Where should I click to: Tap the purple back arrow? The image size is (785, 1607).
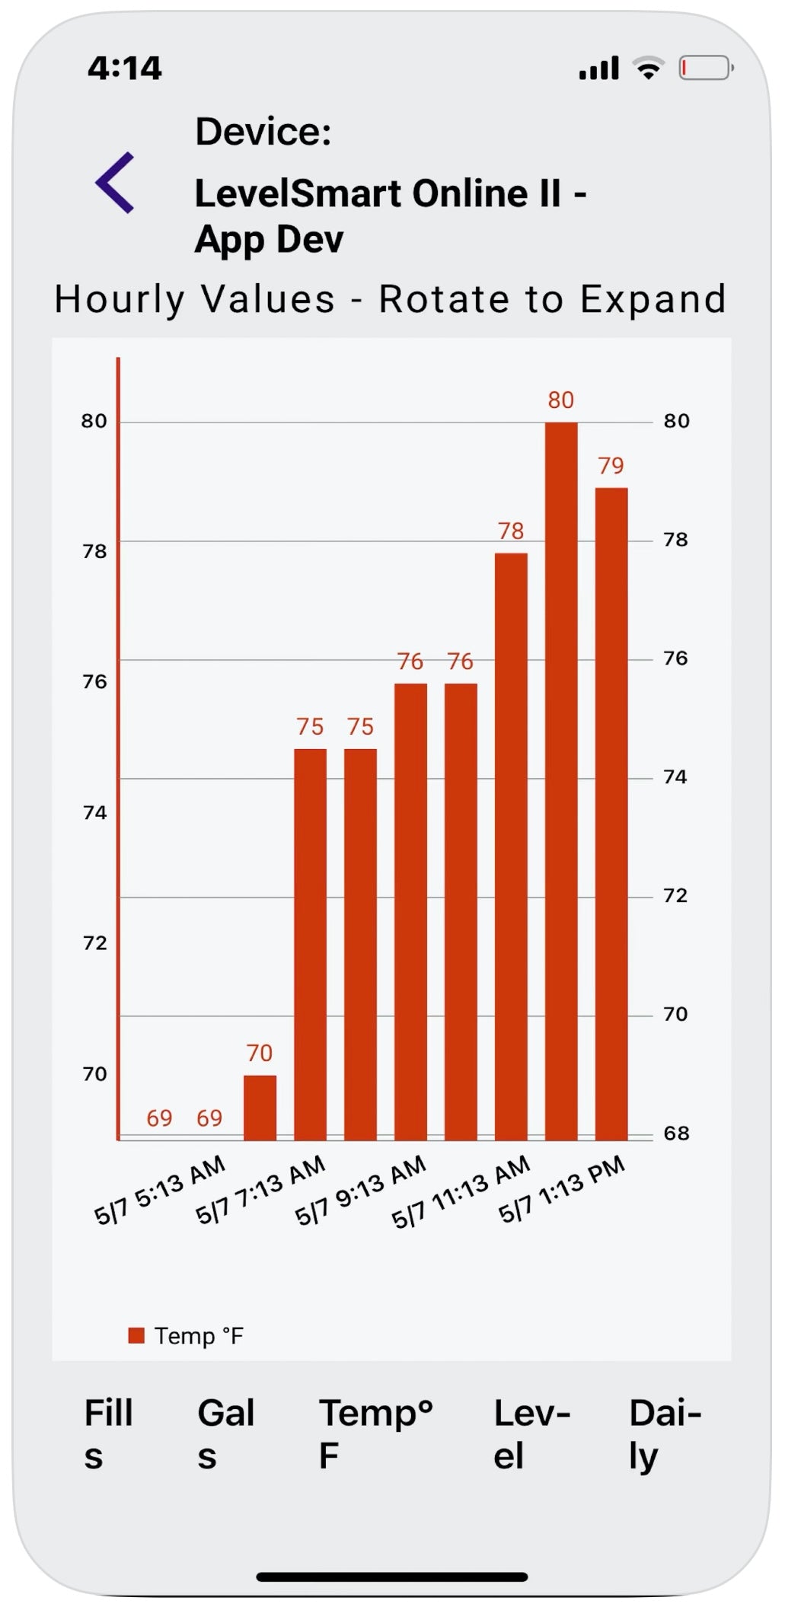pyautogui.click(x=115, y=183)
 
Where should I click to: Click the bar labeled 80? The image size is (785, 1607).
pyautogui.click(x=561, y=780)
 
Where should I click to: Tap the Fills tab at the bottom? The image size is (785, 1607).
pyautogui.click(x=108, y=1434)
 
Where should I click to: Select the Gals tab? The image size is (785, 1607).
pyautogui.click(x=225, y=1434)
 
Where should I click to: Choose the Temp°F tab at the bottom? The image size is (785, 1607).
pyautogui.click(x=375, y=1434)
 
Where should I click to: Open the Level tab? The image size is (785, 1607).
pyautogui.click(x=531, y=1434)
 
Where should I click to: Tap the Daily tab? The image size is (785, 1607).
pyautogui.click(x=665, y=1434)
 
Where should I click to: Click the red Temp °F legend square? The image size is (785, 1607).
pyautogui.click(x=136, y=1335)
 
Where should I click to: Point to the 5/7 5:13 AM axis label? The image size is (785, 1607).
pyautogui.click(x=160, y=1189)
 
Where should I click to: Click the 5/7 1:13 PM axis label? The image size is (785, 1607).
pyautogui.click(x=562, y=1189)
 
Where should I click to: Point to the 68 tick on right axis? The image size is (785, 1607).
pyautogui.click(x=676, y=1134)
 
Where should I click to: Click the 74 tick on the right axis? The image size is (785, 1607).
pyautogui.click(x=675, y=777)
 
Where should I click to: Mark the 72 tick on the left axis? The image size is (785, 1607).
pyautogui.click(x=94, y=943)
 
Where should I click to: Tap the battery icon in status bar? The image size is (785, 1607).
pyautogui.click(x=705, y=69)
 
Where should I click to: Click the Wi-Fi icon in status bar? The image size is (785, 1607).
pyautogui.click(x=649, y=69)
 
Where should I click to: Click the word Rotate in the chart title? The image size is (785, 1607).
pyautogui.click(x=443, y=299)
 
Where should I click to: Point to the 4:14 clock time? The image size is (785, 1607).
pyautogui.click(x=125, y=69)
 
